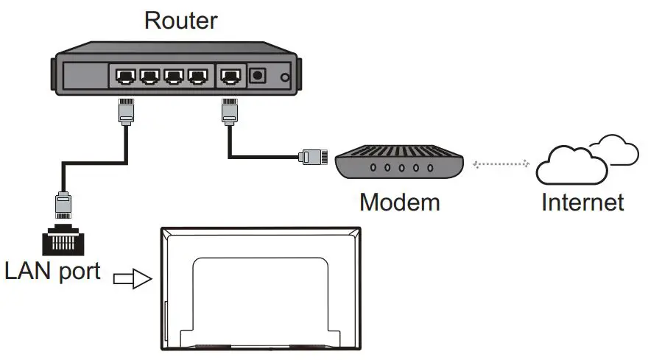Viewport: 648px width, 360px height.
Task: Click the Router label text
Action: [181, 21]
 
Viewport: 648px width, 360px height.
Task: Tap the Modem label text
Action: [400, 202]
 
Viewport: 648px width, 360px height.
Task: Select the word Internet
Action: [582, 202]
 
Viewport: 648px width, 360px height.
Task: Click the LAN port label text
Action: [52, 272]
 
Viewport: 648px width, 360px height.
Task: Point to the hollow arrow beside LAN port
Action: [133, 278]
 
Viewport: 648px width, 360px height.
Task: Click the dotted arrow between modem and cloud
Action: [501, 164]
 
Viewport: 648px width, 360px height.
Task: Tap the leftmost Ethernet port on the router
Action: [126, 77]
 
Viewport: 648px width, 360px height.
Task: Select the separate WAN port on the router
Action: [230, 77]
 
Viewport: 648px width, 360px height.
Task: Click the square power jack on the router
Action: [258, 75]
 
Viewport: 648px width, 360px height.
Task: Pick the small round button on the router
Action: [285, 77]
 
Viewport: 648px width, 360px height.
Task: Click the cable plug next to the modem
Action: [313, 157]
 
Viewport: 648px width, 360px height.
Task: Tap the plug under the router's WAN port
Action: [230, 112]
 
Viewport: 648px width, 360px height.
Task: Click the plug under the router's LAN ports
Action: [126, 112]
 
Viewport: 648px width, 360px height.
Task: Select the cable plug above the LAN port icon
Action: [63, 205]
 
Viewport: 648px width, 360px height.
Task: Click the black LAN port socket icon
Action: [63, 240]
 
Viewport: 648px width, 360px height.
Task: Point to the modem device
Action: [399, 162]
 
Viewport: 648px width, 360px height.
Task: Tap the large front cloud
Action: [571, 166]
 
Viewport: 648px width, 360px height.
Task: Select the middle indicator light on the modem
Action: [401, 168]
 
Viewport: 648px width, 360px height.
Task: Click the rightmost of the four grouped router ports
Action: [197, 77]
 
